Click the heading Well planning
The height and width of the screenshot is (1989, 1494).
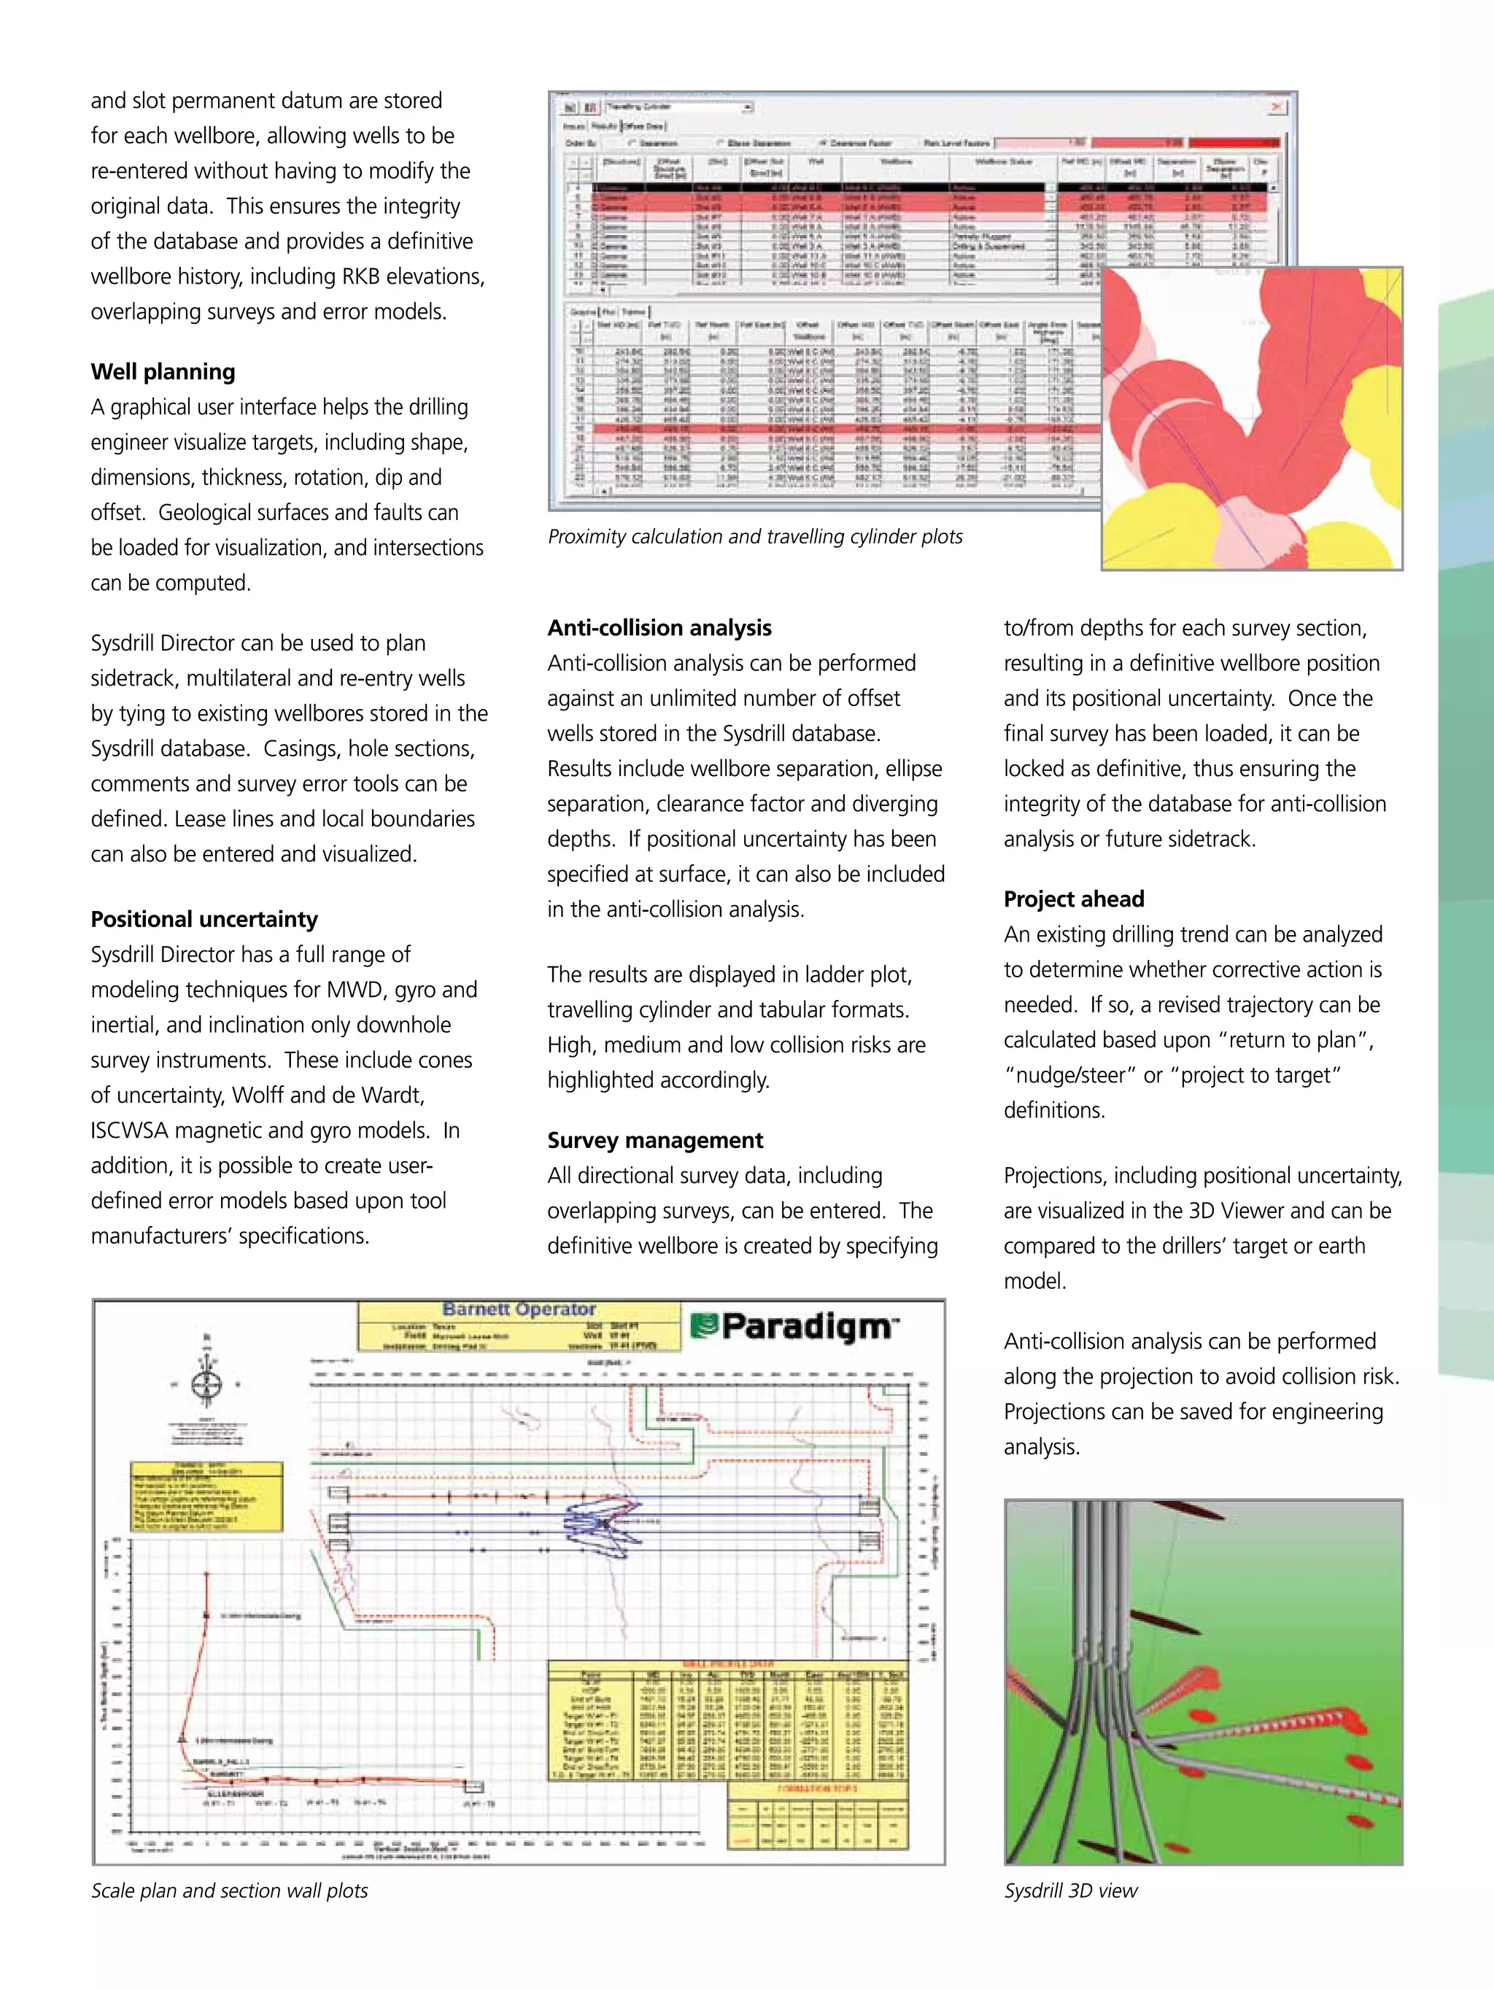pyautogui.click(x=163, y=371)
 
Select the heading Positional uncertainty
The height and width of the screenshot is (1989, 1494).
pyautogui.click(x=204, y=919)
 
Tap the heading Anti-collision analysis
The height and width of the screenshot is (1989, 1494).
pyautogui.click(x=659, y=628)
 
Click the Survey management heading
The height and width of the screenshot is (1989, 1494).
pyautogui.click(x=655, y=1140)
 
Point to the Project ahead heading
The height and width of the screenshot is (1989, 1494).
pyautogui.click(x=1074, y=899)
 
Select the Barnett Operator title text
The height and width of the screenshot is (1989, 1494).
pyautogui.click(x=519, y=1310)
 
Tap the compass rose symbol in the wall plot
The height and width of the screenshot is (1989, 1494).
pyautogui.click(x=207, y=1384)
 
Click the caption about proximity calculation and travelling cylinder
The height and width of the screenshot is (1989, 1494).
pyautogui.click(x=754, y=537)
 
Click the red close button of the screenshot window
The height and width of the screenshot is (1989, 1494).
pyautogui.click(x=1277, y=107)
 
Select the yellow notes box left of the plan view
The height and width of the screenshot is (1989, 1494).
pyautogui.click(x=207, y=1496)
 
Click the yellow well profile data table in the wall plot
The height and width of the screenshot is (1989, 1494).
pyautogui.click(x=727, y=1723)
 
